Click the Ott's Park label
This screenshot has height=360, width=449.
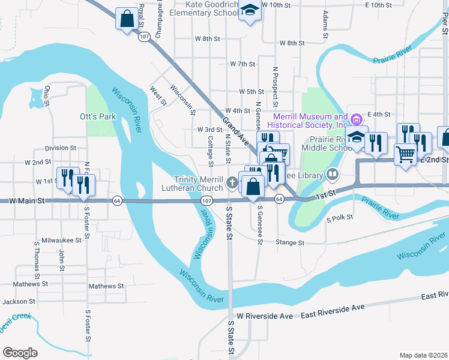coord(97,116)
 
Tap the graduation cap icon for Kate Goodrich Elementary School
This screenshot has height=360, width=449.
coord(250,10)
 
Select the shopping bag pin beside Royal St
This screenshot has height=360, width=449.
coord(127,19)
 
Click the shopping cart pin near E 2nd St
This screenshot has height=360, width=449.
coord(405,155)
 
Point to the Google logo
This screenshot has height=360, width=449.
coord(20,353)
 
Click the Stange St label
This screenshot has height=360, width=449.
coord(291,243)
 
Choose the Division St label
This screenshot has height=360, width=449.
coord(61,148)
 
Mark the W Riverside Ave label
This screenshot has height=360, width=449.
coord(265,316)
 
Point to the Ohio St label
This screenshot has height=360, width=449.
coord(47,96)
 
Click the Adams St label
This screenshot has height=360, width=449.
coord(325,24)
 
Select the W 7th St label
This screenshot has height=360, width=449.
coord(243,64)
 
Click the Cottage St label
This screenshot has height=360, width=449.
coord(211,151)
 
